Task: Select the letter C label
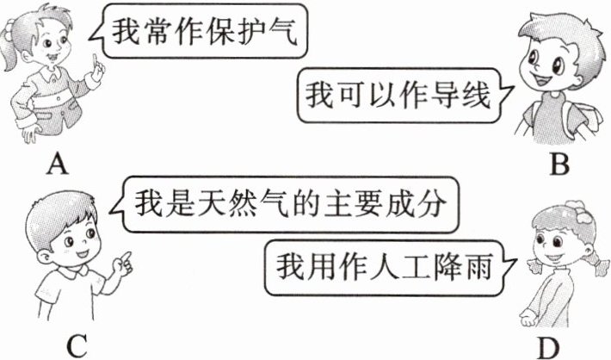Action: (x=77, y=345)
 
